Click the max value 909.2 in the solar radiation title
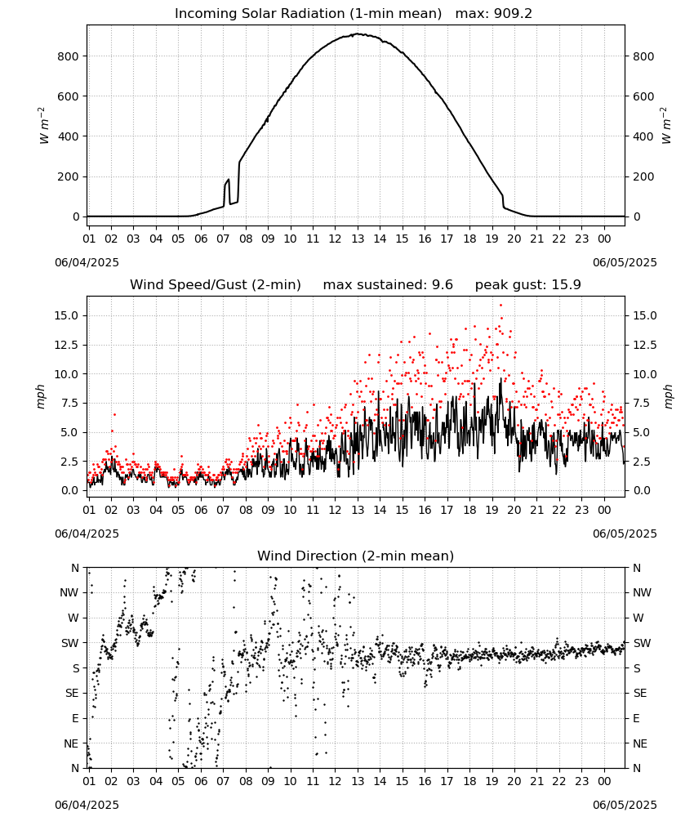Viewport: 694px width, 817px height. [513, 14]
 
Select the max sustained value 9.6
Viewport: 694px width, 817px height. [443, 285]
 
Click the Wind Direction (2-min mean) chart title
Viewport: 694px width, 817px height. [356, 556]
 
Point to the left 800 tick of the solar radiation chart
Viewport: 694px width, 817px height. [69, 56]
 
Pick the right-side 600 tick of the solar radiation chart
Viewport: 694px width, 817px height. [643, 96]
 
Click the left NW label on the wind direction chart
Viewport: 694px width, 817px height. [69, 592]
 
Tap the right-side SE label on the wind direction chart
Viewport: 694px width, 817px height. [640, 693]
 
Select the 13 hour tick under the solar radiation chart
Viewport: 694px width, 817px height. [358, 239]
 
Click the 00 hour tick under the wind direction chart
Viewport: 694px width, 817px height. [604, 781]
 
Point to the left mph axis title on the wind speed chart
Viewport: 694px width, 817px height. [41, 396]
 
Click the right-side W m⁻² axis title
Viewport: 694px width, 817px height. [667, 126]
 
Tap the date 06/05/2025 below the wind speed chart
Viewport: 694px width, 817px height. [625, 534]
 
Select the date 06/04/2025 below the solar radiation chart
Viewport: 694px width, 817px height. [87, 262]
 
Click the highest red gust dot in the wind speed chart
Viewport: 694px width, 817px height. [500, 306]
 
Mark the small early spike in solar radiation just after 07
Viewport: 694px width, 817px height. [228, 181]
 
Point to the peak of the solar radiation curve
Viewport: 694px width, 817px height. [358, 33]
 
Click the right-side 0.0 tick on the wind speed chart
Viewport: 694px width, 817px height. [641, 490]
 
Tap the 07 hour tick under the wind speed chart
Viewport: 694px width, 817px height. [223, 510]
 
